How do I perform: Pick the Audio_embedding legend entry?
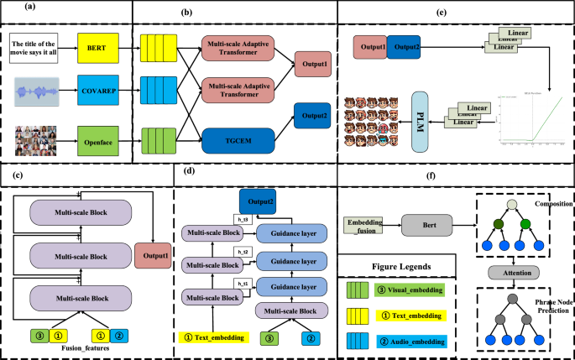(403, 341)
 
